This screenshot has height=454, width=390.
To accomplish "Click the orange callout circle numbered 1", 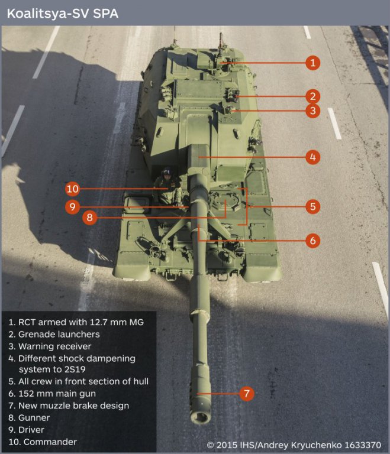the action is (312, 63).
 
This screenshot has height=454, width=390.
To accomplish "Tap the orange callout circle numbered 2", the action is (312, 96).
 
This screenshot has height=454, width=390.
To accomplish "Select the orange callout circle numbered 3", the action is (312, 111).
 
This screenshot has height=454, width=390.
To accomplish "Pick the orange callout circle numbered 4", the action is (312, 157).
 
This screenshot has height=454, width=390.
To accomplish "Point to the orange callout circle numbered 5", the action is (312, 206).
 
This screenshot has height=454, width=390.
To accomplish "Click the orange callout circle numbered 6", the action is (312, 241).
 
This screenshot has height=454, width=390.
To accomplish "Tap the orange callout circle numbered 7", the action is (247, 394).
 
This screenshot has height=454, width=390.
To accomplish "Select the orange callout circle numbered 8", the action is (89, 217).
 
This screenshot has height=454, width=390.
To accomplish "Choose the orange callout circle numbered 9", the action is (72, 206).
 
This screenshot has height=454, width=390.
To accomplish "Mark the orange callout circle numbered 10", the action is (72, 189).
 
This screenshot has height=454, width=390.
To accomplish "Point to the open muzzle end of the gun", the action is (201, 417).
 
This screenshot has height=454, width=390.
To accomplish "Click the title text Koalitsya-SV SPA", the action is (63, 14).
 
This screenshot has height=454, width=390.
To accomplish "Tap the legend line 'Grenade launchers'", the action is (54, 335).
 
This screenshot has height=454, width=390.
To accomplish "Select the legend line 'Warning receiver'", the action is (50, 346).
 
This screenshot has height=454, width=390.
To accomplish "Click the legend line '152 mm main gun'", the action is (52, 394).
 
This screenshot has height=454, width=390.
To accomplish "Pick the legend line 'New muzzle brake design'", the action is (69, 406).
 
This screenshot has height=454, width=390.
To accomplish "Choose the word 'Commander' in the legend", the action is (50, 442).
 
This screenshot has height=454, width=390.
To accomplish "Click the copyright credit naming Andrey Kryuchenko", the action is (294, 445).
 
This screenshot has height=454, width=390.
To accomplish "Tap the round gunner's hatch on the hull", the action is (226, 200).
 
